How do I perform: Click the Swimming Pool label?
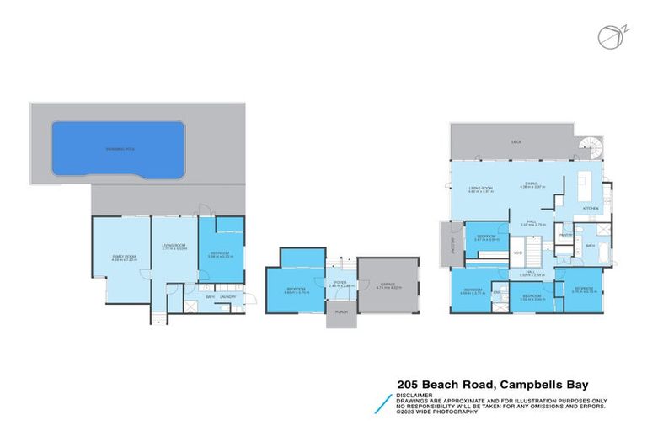click(x=118, y=148)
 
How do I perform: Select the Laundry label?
click(x=226, y=296)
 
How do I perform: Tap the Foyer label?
click(x=340, y=282)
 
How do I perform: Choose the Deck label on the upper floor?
click(x=516, y=143)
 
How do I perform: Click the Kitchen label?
click(x=591, y=207)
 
